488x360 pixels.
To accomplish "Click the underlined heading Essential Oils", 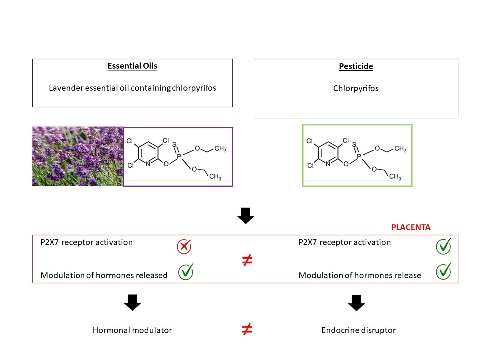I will pos(132,66).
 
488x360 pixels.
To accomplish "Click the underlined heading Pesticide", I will pos(356,66).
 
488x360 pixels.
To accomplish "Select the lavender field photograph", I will pos(78,156).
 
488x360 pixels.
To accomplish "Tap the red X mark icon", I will pos(184,247).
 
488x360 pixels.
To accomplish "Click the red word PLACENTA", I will pos(411,227).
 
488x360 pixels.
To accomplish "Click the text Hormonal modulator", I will pos(132,330).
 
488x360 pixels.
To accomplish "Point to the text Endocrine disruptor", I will pos(358,330).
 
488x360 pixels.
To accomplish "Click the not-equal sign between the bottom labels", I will pos(247,330).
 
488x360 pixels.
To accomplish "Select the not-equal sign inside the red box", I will pos(247,261).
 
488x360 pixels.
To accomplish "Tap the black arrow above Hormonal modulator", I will pos(132,302).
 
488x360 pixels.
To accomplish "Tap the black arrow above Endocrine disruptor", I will pos(356,302).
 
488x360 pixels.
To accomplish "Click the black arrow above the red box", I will pos(246,216).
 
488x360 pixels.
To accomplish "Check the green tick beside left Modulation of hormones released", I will pos(186,272).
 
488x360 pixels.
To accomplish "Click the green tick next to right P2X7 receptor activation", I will pos(443,246).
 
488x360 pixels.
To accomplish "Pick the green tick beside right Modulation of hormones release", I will pos(443,271).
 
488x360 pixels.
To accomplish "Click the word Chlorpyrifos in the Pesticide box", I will pos(356,88).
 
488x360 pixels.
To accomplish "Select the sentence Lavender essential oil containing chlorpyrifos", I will pos(132,88).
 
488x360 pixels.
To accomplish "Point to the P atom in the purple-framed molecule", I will pos(180,155).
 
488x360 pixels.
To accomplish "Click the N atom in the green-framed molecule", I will pos(328,164).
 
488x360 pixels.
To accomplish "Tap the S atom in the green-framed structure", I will pos(354,145).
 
